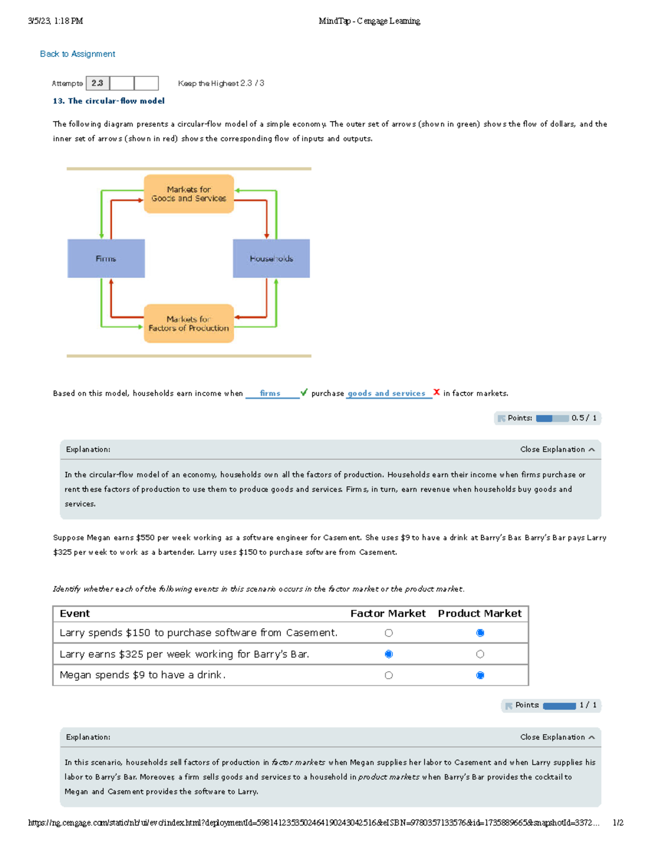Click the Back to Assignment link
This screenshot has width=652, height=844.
coord(77,54)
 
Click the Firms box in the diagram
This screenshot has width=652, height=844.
coord(106,259)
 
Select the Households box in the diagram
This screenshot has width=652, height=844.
coord(271,259)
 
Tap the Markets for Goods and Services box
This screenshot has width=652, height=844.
coord(189,194)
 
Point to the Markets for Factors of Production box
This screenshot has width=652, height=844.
coord(189,323)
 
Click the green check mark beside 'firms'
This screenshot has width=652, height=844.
coord(304,392)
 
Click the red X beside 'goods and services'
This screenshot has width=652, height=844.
coord(436,392)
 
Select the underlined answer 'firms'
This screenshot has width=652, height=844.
coord(270,393)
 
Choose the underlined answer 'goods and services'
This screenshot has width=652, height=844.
coord(386,393)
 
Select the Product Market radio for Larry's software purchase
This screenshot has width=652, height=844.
coord(480,633)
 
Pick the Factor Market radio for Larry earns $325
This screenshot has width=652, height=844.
coord(388,654)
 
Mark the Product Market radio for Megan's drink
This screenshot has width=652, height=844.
coord(480,675)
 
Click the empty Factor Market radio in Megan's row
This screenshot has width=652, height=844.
coord(388,675)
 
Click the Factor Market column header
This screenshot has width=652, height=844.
coord(388,614)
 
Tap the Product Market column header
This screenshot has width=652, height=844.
coord(479,614)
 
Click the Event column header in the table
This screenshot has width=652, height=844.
coord(75,614)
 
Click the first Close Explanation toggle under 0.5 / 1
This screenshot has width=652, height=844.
coord(557,449)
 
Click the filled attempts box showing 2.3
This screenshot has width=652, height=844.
coord(97,83)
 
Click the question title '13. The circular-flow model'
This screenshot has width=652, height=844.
coord(109,101)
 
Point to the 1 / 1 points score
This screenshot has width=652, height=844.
coord(588,705)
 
